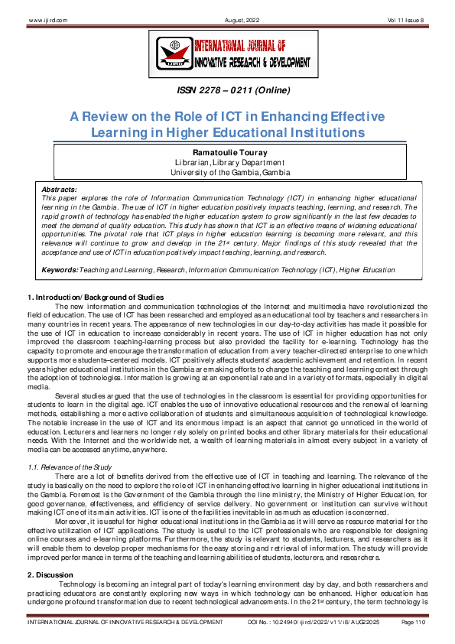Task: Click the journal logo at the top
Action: [x=227, y=54]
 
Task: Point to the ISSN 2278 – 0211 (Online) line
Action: [x=227, y=91]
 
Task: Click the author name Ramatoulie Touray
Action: [x=227, y=152]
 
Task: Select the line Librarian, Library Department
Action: [x=227, y=162]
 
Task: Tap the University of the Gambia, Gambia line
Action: [x=227, y=172]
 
